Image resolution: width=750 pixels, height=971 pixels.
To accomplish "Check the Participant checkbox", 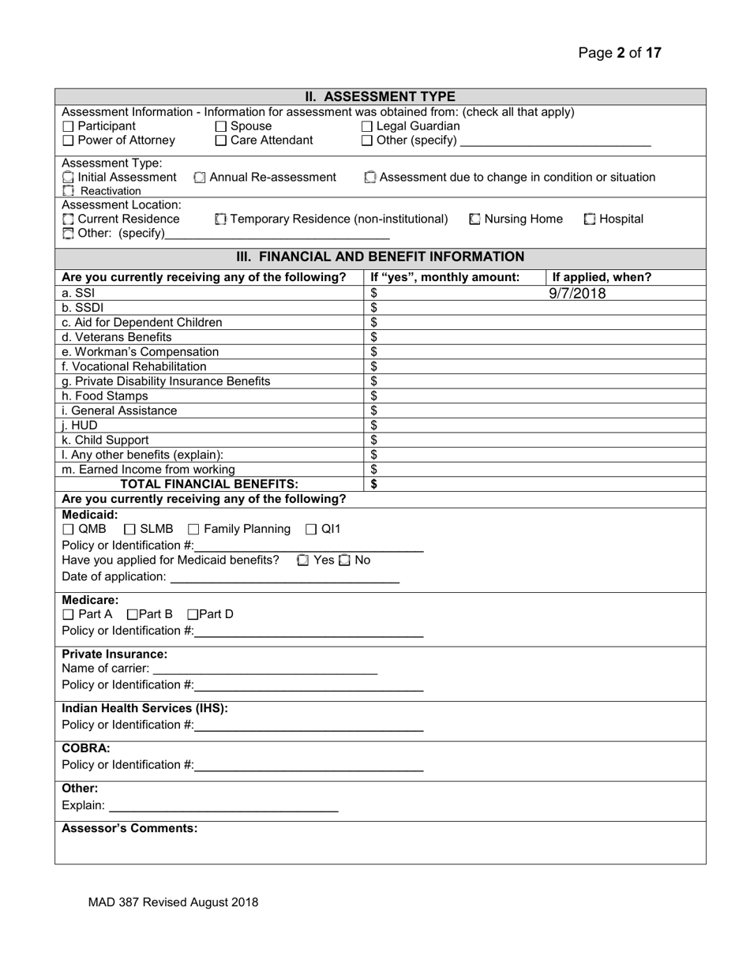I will pos(68,126).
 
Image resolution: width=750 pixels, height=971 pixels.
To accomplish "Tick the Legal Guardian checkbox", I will pos(367,126).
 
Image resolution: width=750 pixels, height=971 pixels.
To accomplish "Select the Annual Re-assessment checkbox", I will pos(200,178).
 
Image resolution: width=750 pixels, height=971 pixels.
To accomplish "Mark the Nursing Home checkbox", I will pos(474,219).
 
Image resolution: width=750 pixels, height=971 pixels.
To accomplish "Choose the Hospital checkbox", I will pos(590,219).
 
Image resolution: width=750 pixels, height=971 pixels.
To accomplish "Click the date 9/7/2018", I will pos(577,294).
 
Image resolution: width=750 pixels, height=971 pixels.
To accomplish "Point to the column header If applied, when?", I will pos(602,277).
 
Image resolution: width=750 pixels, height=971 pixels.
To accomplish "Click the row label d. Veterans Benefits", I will pos(116,337).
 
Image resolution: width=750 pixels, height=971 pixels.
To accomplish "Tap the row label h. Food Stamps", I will pos(104,396).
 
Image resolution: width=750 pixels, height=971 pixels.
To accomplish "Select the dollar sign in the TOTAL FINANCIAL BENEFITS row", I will pos(374,484).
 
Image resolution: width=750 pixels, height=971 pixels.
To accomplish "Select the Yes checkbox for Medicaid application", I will pos(303,560).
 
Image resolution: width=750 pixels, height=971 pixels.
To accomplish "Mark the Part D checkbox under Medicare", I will pos(192,614).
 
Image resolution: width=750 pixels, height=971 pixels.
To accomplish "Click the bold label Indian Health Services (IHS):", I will pos(144,708).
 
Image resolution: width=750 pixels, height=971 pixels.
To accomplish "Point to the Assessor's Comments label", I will pos(129,828).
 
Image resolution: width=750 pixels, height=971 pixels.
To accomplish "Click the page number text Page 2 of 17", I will pos(620,53).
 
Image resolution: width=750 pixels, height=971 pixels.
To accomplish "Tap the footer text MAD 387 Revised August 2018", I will pos(173,902).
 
